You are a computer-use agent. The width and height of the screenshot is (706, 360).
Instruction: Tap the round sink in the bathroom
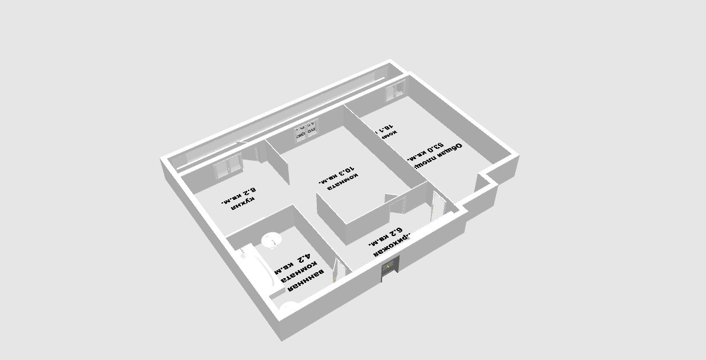[x=272, y=240]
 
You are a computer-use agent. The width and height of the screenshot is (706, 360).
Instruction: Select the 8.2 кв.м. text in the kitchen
[x=238, y=196]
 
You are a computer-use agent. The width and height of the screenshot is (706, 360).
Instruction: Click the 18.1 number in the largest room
[x=385, y=127]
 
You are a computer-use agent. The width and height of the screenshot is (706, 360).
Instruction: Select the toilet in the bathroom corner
[x=290, y=307]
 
